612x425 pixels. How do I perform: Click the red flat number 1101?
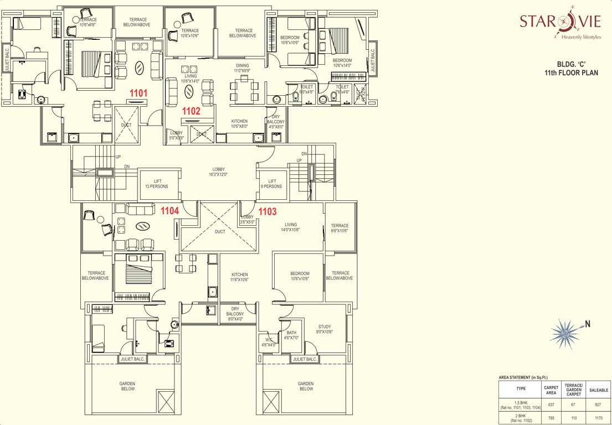tap(138, 94)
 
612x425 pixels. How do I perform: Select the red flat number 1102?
tap(191, 111)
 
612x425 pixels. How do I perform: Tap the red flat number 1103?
tap(268, 211)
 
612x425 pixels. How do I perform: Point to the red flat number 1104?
tap(169, 211)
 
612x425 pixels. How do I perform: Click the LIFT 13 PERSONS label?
tap(160, 184)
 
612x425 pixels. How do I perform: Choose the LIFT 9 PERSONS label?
tap(272, 184)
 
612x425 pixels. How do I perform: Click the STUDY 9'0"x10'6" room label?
tap(325, 329)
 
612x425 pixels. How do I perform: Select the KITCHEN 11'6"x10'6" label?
tap(240, 277)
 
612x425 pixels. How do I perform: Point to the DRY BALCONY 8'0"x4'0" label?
tap(235, 314)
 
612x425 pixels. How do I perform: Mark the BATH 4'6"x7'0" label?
tap(291, 335)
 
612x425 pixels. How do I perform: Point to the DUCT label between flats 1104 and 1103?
tap(220, 232)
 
